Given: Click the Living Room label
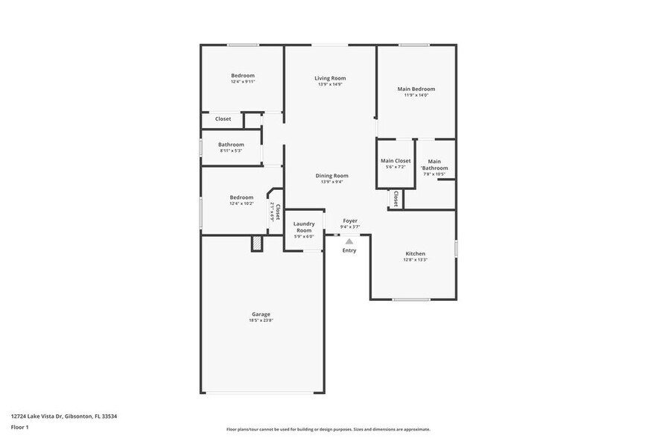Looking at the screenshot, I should coord(330,78).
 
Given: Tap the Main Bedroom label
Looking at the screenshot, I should coord(416,89).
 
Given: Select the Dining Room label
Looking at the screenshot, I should coord(332,176).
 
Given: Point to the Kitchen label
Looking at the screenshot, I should coord(416,253).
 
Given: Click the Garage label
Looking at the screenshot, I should coord(261,314).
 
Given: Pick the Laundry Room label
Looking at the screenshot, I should coord(304,226).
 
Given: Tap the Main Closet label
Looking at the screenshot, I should coord(396,161).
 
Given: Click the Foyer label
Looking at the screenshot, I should coord(350,220).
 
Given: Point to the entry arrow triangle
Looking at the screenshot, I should coord(349,240).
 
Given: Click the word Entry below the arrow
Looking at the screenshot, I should coord(349,250).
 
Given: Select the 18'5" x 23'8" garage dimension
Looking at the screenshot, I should coord(261,321).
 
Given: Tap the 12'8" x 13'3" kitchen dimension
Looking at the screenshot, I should coord(416,260).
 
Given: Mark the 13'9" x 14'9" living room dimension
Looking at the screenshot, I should coord(330,84).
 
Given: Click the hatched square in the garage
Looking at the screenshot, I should coord(257,244).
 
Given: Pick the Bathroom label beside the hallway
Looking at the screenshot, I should coord(231,145).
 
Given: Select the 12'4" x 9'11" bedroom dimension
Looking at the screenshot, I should coord(243,81).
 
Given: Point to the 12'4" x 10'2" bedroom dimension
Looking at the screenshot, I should coord(241,203).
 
